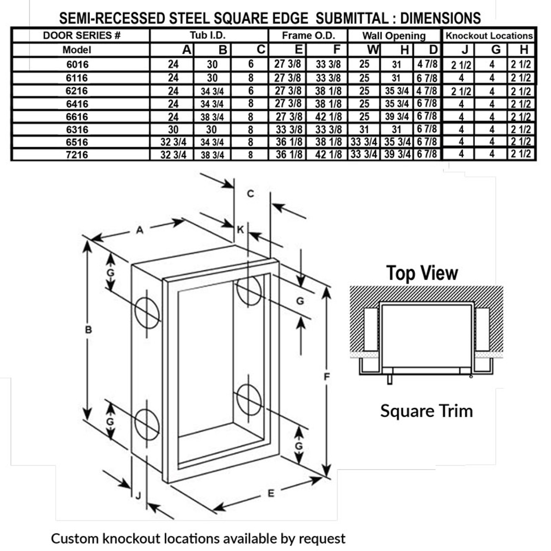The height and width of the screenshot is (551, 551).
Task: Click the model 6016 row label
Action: pos(77,65)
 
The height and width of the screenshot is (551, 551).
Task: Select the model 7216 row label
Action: pos(77,155)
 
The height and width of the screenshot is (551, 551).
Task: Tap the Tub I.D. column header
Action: pos(208,35)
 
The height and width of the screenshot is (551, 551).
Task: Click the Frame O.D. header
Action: pos(308,35)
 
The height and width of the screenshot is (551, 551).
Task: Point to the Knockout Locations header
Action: pos(489,35)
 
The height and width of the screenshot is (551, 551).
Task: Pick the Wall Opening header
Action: pos(394,36)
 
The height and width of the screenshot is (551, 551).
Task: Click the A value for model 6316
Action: pos(173,129)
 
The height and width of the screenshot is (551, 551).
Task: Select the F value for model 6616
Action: pos(328,116)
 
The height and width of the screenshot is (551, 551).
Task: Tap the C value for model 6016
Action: pos(251,64)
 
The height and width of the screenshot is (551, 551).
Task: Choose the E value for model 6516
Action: pos(288,142)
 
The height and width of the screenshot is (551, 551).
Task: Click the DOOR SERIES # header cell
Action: pos(81,35)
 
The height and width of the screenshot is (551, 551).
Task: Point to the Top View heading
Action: pos(422,273)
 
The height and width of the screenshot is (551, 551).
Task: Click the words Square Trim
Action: pos(426,411)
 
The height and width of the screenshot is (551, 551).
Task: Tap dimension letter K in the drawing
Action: pos(240,229)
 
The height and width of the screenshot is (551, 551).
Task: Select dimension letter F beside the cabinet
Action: pos(327,377)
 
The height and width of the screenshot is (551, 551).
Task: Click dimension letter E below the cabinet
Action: pos(271,493)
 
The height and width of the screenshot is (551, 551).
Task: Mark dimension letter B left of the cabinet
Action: pos(88,330)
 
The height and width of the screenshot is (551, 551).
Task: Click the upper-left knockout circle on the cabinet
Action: pos(147,311)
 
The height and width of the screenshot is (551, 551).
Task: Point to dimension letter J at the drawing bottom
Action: pos(138,496)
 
